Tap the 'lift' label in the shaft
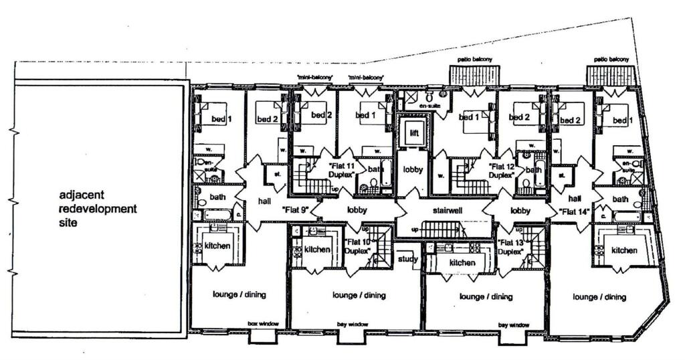pyautogui.click(x=413, y=133)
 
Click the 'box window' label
pyautogui.click(x=261, y=324)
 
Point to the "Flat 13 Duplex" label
pyautogui.click(x=510, y=247)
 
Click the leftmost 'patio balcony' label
pyautogui.click(x=474, y=60)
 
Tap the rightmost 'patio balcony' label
pyautogui.click(x=611, y=60)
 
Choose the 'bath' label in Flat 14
pyautogui.click(x=620, y=199)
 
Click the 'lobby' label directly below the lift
pyautogui.click(x=413, y=169)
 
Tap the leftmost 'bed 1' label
pyautogui.click(x=221, y=118)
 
